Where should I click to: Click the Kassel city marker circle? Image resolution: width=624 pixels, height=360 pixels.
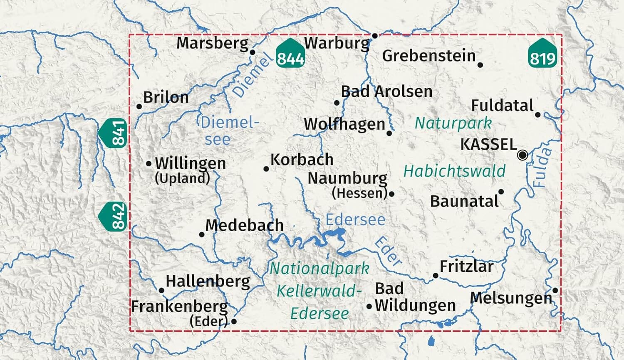click(522, 155)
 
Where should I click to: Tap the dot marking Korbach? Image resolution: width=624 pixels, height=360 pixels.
click(266, 168)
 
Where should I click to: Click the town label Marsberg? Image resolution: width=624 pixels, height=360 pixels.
click(212, 43)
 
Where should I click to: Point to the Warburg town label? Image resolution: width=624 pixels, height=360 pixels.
click(337, 43)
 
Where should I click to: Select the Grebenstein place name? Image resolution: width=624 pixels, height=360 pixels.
click(428, 56)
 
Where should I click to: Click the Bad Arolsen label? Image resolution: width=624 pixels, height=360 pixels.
click(386, 91)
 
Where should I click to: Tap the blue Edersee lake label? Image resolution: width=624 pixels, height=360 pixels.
click(355, 219)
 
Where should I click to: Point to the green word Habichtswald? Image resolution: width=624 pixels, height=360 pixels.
click(454, 171)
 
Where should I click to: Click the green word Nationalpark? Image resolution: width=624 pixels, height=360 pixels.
click(319, 269)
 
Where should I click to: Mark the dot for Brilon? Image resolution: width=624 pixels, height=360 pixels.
click(139, 106)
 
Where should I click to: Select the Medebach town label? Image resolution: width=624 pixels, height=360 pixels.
click(244, 225)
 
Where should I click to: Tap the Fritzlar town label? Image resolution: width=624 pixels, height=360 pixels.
click(466, 266)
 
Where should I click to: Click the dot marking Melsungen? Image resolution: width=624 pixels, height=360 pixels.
click(555, 290)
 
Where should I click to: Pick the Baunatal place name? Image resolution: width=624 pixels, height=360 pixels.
click(464, 201)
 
